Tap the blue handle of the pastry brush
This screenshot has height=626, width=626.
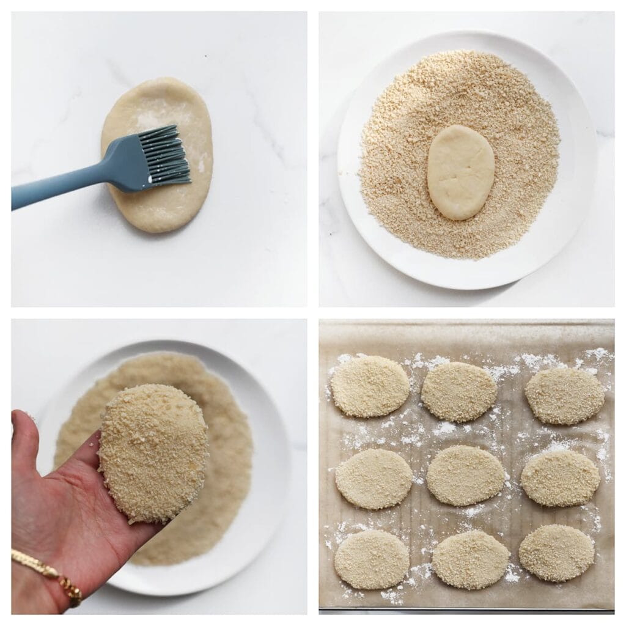coord(67,184)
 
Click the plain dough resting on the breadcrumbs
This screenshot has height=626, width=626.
coord(460,172)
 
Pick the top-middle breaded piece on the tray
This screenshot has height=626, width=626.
coord(459,391)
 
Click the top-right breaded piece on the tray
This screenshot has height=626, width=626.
coord(564,395)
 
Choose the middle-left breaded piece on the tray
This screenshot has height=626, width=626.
coord(374,479)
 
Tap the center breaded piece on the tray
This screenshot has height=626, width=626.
coord(466,475)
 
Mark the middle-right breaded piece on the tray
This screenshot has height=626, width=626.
coord(560,478)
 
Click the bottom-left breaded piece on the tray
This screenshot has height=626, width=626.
coord(372,559)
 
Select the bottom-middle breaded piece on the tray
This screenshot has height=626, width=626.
coord(471,559)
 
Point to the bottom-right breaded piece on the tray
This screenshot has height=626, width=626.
coord(556,553)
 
